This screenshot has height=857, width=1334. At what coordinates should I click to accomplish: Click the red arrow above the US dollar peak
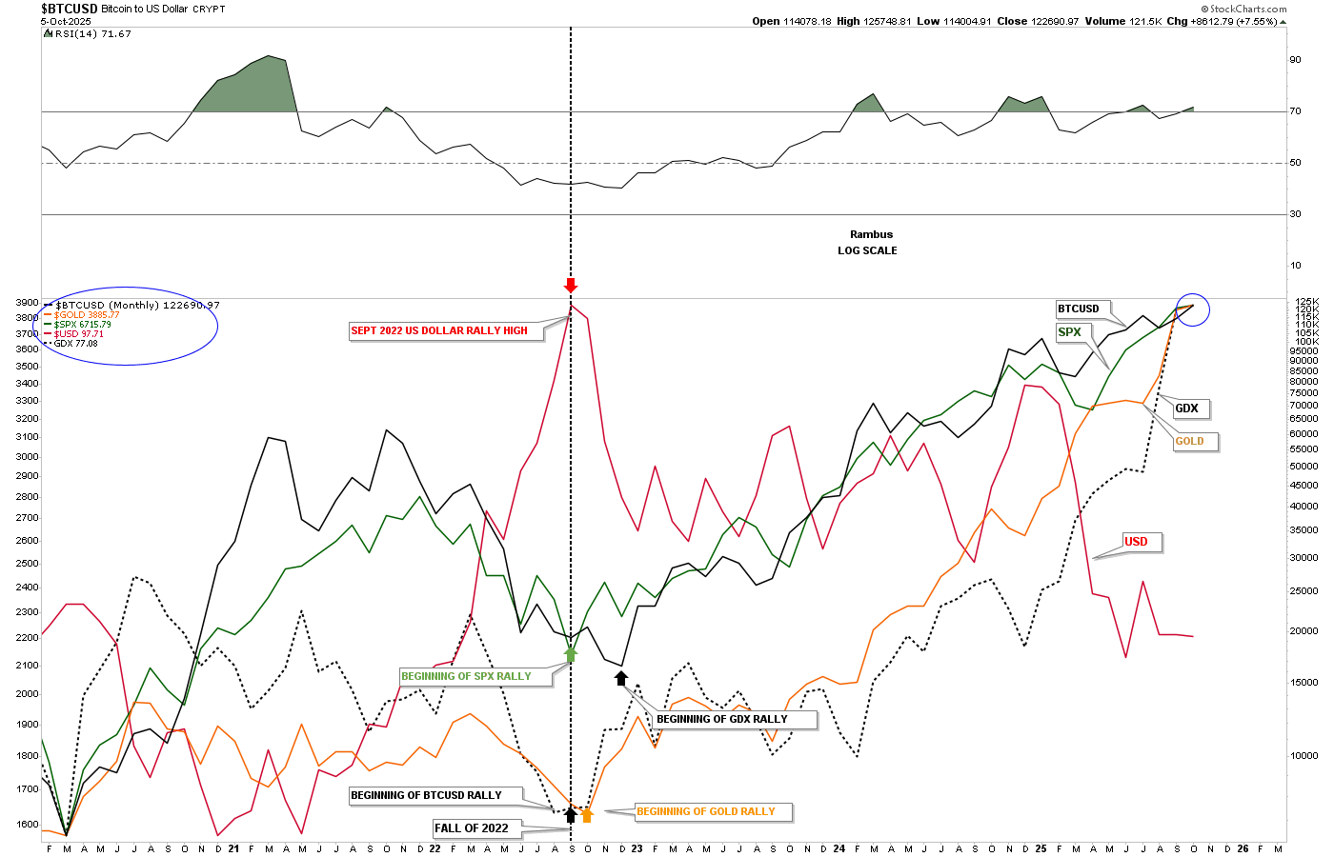(571, 286)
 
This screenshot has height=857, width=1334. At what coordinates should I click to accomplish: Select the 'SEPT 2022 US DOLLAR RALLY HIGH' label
(439, 330)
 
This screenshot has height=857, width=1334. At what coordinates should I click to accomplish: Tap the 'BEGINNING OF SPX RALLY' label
(466, 676)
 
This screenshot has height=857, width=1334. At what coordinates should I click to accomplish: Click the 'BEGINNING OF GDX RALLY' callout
(722, 719)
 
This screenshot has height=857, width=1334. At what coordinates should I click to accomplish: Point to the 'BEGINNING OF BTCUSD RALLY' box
(426, 795)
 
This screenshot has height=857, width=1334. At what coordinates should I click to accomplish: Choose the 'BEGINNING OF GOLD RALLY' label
(706, 811)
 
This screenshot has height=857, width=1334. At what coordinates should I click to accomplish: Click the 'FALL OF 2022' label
(472, 828)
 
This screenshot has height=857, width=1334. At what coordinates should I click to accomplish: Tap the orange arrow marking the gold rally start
(587, 814)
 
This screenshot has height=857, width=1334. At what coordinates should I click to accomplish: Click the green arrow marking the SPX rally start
(571, 653)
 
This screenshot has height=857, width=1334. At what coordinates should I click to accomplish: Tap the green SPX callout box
(1070, 332)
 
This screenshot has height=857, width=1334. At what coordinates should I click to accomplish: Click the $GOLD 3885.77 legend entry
(86, 315)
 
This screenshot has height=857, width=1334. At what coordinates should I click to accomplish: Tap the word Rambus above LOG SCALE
(871, 234)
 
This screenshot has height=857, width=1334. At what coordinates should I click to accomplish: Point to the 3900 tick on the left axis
(27, 302)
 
